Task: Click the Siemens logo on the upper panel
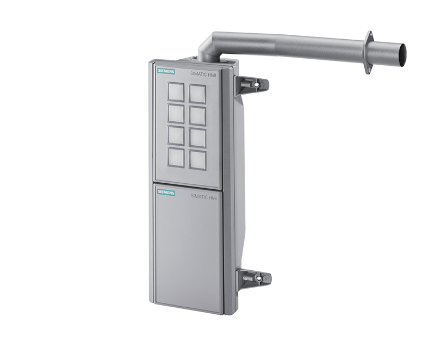tap(166, 71)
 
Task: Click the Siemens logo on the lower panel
tap(166, 192)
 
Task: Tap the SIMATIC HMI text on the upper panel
tap(203, 73)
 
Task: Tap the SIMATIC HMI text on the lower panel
tap(204, 196)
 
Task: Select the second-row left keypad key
tap(176, 114)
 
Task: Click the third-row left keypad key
tap(176, 135)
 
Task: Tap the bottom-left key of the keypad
tap(176, 158)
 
